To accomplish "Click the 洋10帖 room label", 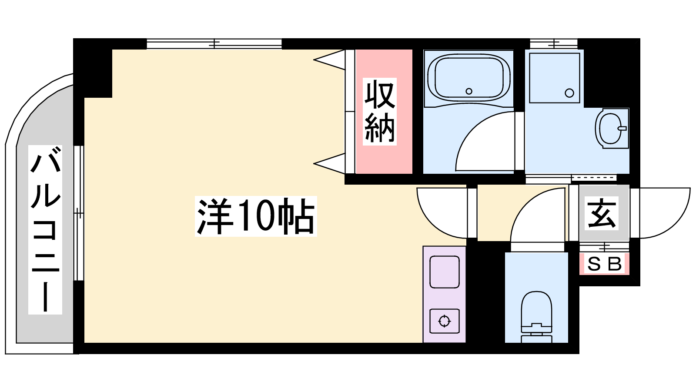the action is [256, 216].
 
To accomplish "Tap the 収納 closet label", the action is [380, 111].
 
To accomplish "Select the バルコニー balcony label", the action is [45, 230].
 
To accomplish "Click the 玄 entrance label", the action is [601, 213].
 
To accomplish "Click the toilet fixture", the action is [536, 317].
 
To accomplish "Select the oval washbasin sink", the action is [612, 128].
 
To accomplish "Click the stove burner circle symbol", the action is [444, 321].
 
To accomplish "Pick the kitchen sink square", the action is [444, 272].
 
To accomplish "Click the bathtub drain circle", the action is [469, 91].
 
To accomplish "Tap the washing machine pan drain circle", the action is [569, 93].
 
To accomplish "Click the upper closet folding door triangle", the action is [329, 60].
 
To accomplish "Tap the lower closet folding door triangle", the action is [329, 163].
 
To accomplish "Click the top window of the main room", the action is [214, 44].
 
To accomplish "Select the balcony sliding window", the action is [79, 213].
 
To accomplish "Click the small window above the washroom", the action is [554, 44].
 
